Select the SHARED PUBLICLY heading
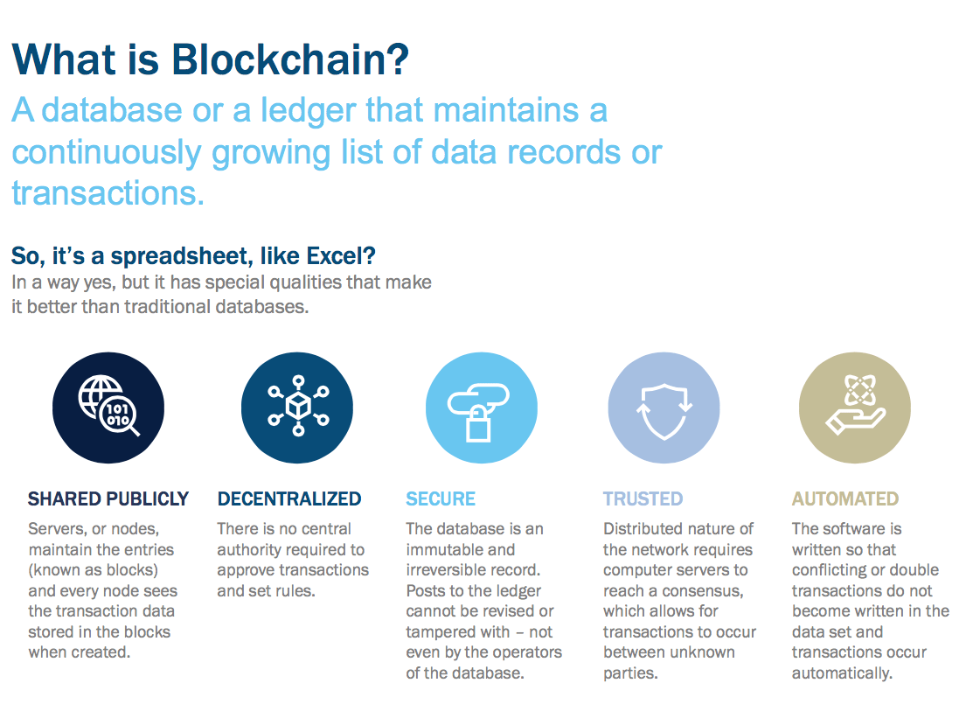tap(108, 499)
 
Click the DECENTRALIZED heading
tap(289, 499)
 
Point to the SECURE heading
tap(441, 499)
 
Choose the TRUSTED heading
tap(643, 499)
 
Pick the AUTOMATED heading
tap(845, 499)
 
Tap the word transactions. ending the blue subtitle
tap(108, 192)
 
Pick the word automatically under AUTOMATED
tap(842, 673)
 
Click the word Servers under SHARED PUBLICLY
tap(58, 529)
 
